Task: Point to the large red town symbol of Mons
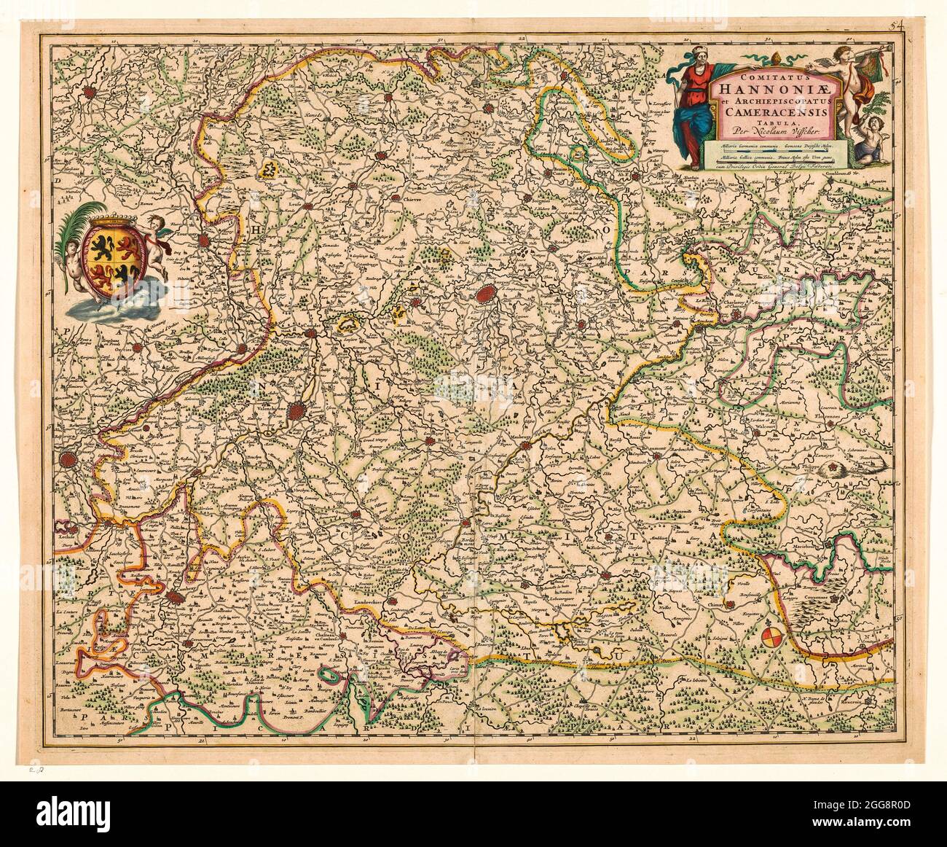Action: point(486,294)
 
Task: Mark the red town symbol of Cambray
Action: point(173,598)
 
